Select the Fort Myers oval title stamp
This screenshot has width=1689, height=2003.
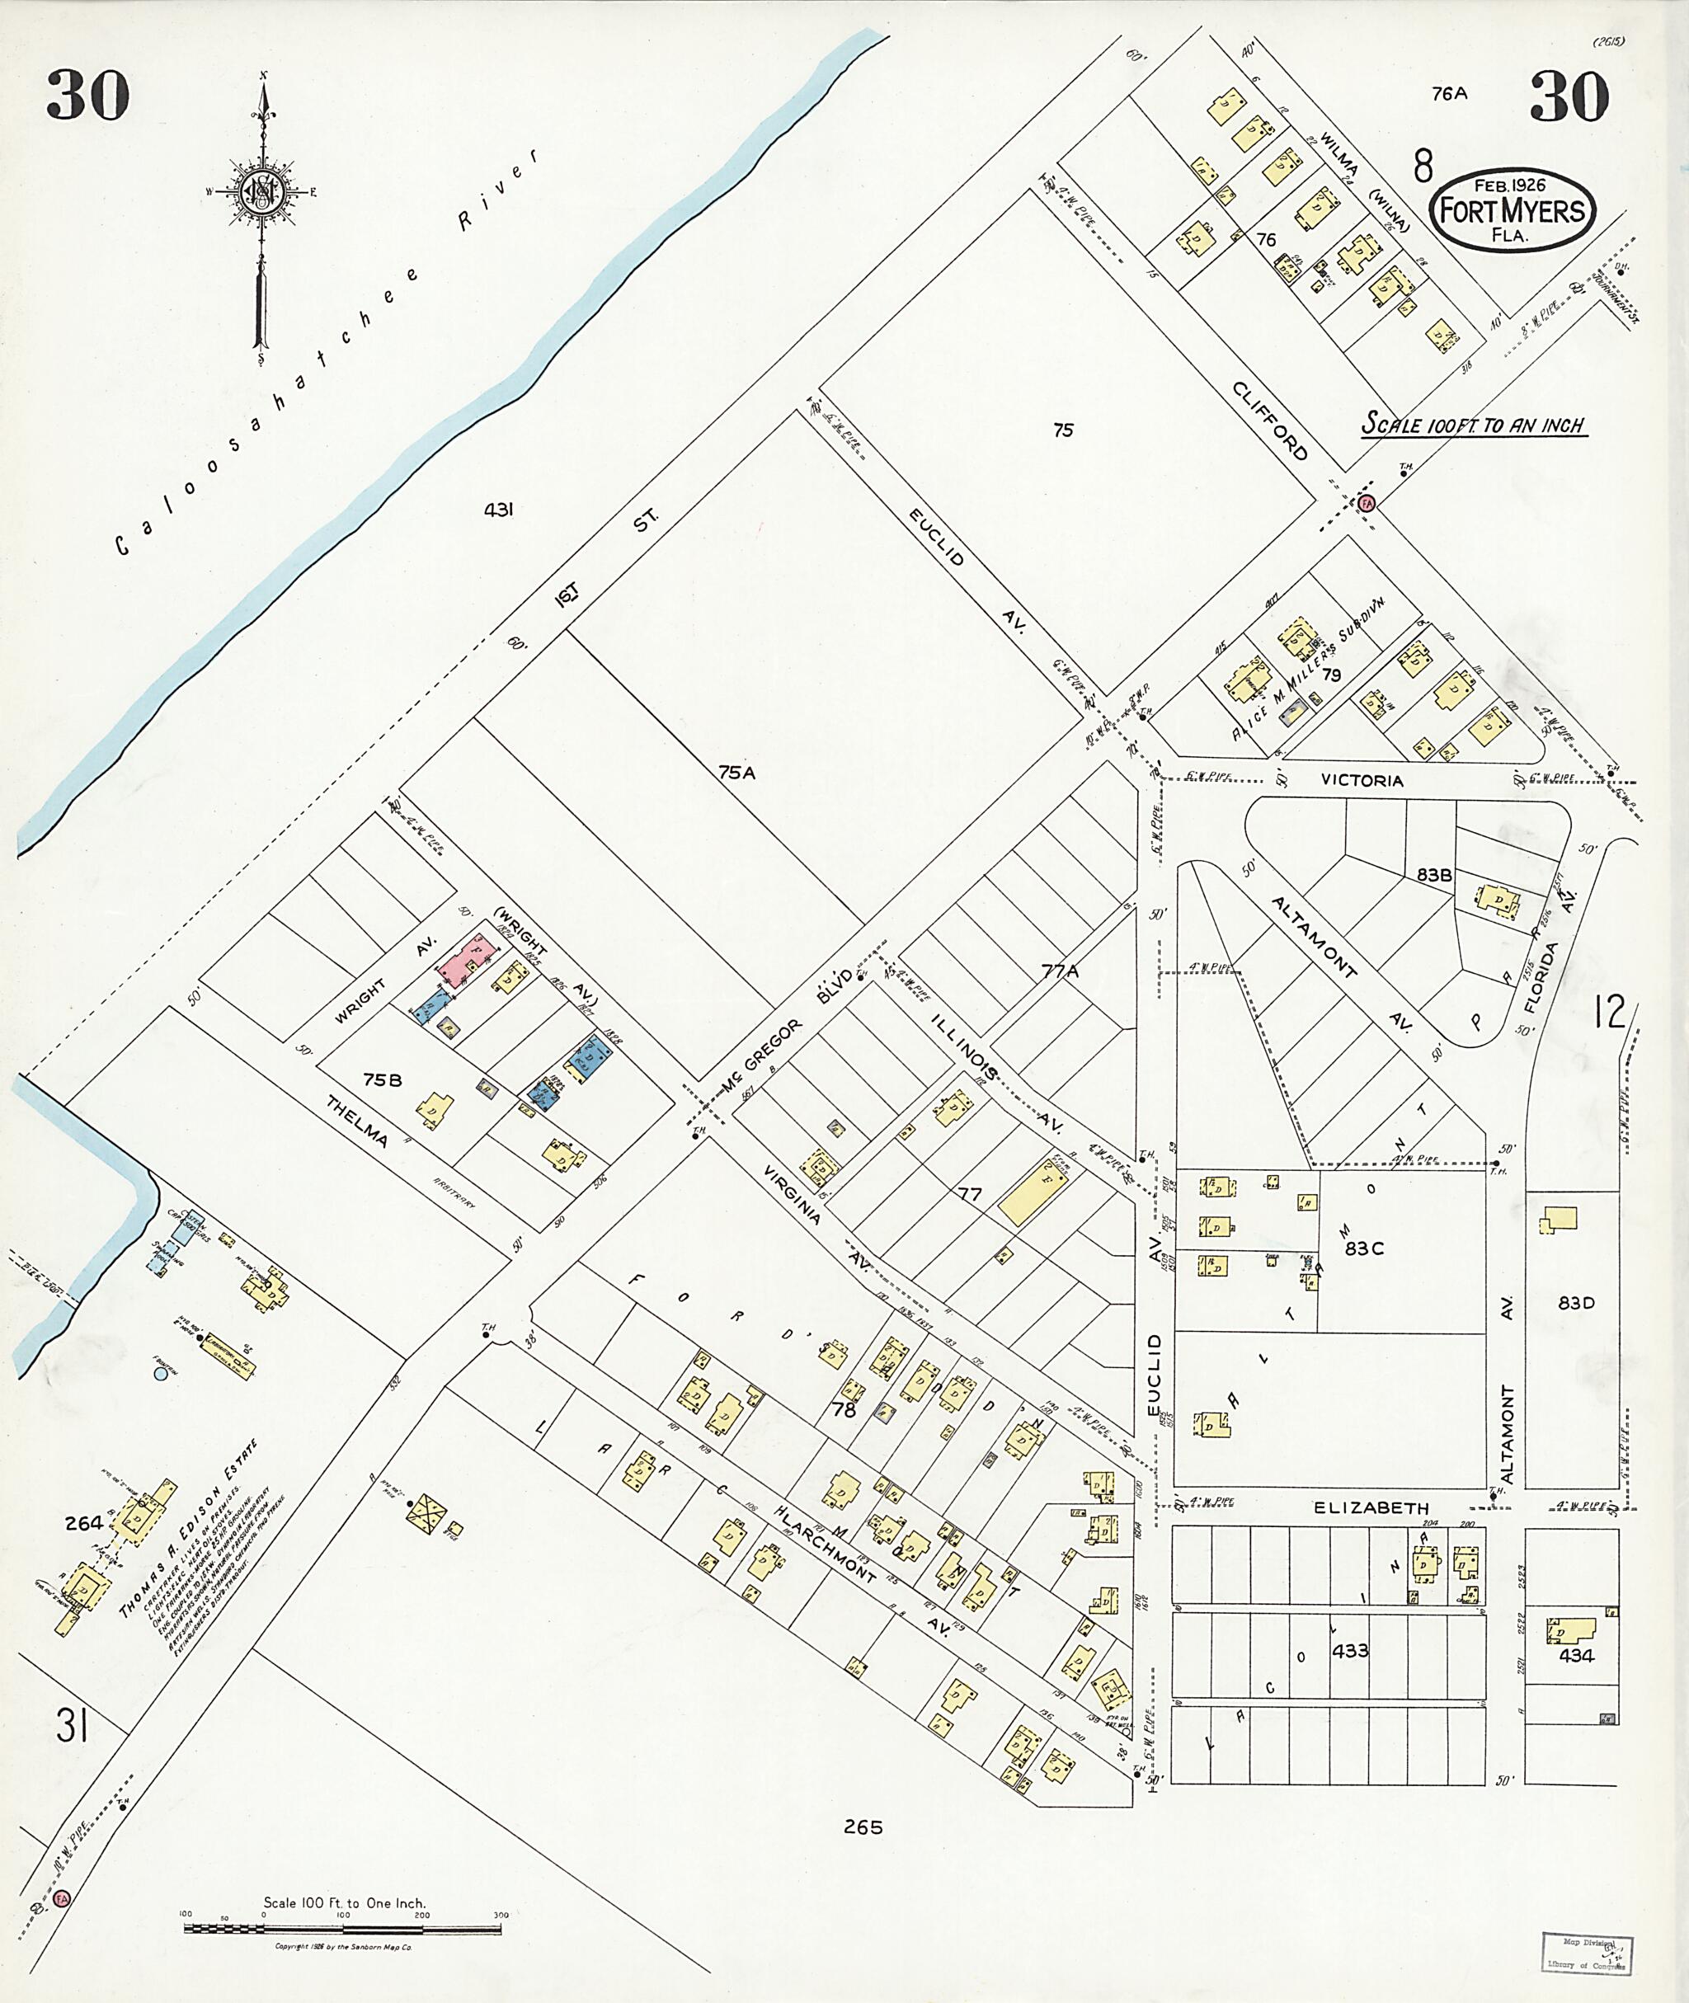click(1512, 209)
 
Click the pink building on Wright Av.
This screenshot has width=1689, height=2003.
click(466, 961)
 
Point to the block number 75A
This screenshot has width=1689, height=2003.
click(737, 772)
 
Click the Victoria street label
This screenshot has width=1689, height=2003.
click(1362, 780)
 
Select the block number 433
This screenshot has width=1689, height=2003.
click(1350, 1651)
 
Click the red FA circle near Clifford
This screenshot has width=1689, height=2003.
click(1367, 503)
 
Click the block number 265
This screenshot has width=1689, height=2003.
click(863, 1827)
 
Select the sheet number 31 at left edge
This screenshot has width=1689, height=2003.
click(72, 1728)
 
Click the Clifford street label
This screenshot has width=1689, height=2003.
click(1269, 421)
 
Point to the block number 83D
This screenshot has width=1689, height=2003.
click(1575, 1303)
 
